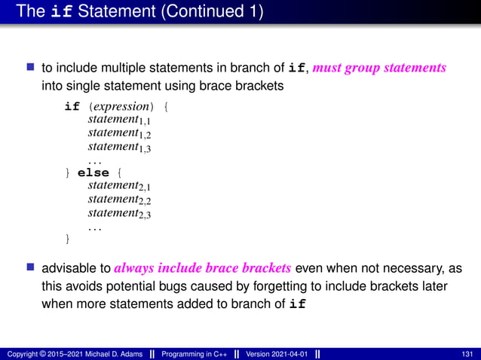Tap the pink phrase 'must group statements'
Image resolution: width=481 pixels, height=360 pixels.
[378, 68]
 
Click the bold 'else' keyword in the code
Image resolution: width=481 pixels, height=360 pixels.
[93, 172]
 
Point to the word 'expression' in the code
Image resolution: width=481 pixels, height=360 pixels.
[127, 106]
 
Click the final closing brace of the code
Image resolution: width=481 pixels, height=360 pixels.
[69, 239]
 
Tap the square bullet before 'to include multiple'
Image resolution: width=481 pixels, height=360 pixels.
[31, 68]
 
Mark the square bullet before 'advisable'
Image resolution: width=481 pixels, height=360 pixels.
[31, 268]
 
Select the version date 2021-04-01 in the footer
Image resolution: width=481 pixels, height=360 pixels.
[286, 354]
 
